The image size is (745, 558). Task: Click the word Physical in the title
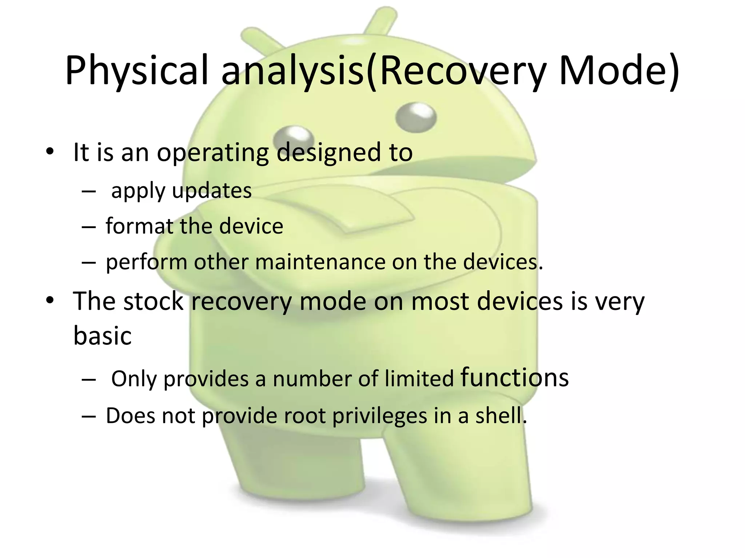coord(136,71)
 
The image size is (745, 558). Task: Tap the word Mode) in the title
coord(618,71)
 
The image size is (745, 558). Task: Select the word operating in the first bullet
coord(213,153)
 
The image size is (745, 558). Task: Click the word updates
coord(212,191)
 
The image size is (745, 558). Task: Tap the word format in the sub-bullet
coord(139,226)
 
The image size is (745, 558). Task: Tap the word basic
coord(102,336)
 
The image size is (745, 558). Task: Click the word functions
coord(514,378)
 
